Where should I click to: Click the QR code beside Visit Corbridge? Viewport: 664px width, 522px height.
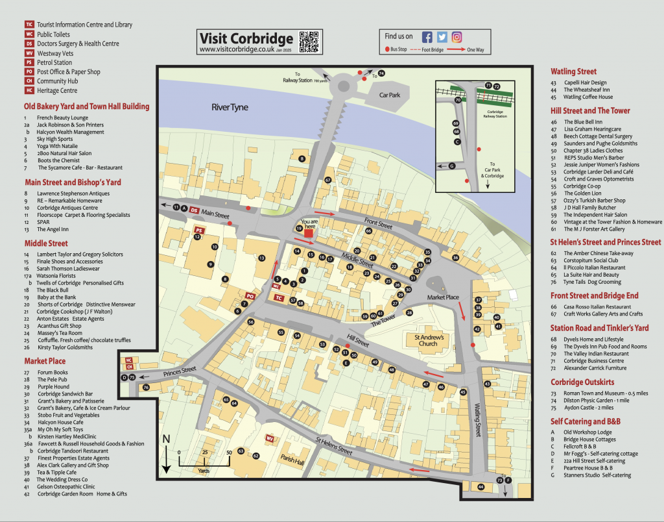click(309, 42)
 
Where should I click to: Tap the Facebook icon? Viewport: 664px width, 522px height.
click(427, 37)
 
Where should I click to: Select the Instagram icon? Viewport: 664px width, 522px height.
click(457, 37)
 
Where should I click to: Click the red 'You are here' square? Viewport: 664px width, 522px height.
click(309, 232)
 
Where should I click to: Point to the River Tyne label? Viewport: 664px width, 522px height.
click(230, 107)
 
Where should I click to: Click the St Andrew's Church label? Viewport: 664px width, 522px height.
click(425, 340)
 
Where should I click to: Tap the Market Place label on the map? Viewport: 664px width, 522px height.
click(443, 297)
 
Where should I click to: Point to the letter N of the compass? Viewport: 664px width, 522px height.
click(166, 440)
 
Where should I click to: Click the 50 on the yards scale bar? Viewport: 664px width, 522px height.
click(229, 452)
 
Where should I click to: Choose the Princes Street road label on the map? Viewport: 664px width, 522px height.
click(180, 370)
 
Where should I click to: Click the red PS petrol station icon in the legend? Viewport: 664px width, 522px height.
click(29, 62)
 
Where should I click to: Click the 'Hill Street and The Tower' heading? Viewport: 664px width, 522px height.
click(590, 110)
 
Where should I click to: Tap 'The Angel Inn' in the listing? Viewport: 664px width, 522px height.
click(53, 229)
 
